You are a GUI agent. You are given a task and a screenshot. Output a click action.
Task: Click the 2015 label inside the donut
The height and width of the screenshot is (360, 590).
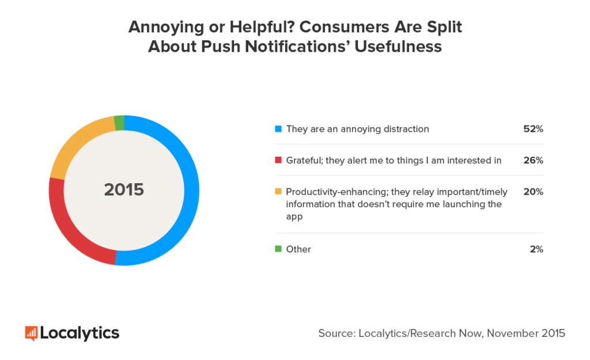[124, 190]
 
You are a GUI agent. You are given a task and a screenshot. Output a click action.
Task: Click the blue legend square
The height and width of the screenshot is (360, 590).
[278, 128]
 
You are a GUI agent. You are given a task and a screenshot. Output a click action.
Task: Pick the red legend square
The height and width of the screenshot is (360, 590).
[278, 160]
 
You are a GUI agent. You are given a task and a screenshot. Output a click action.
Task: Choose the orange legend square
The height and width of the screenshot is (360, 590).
[278, 192]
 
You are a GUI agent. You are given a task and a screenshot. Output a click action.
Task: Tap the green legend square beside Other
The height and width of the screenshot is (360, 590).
[278, 249]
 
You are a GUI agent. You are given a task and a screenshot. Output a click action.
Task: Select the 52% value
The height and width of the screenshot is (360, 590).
[533, 129]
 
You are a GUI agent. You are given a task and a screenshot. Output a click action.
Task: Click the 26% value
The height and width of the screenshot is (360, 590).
[533, 161]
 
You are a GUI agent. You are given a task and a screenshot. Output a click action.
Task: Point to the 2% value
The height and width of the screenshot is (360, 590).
[536, 249]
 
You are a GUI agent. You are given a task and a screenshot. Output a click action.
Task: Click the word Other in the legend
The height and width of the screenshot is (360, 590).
[298, 249]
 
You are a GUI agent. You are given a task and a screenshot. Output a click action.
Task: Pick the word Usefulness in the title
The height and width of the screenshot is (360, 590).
[398, 47]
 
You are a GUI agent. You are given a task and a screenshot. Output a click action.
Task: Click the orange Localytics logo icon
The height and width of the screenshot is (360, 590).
[31, 333]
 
